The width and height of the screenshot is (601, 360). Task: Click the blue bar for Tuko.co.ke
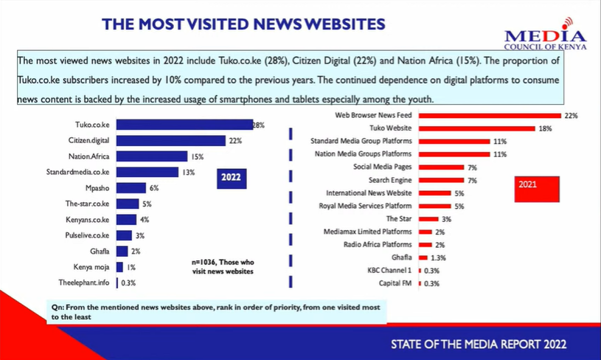(184, 125)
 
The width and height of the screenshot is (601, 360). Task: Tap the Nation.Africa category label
(90, 156)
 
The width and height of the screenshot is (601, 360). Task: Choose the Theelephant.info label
(86, 283)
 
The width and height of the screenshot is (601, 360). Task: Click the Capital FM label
(396, 283)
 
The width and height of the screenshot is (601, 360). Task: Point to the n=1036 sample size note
(222, 266)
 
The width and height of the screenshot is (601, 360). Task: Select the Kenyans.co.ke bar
(126, 220)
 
